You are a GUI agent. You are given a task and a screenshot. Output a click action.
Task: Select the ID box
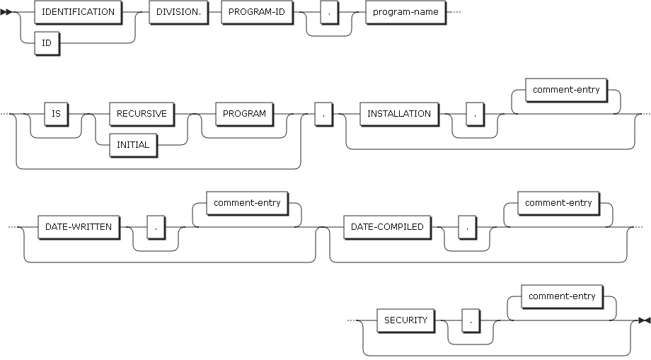(x=46, y=42)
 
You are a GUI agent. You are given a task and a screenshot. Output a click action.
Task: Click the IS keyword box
(x=56, y=113)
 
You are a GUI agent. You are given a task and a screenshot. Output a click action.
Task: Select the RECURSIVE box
(x=142, y=113)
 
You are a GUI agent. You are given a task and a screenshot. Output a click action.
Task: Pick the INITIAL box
(x=133, y=144)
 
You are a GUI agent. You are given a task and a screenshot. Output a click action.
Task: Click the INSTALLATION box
(x=399, y=113)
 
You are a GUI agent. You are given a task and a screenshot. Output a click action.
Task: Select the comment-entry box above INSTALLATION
(x=566, y=91)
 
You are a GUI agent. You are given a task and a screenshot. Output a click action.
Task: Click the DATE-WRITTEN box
(x=78, y=227)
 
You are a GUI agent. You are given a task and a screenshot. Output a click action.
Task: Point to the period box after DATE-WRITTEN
(x=155, y=227)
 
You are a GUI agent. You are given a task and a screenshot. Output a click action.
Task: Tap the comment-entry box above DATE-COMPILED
(x=558, y=204)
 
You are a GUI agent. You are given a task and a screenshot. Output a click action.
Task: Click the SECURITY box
(x=405, y=320)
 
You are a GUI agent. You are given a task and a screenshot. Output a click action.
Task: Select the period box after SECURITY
(x=470, y=320)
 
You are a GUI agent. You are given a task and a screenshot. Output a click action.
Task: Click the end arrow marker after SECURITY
(x=643, y=320)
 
